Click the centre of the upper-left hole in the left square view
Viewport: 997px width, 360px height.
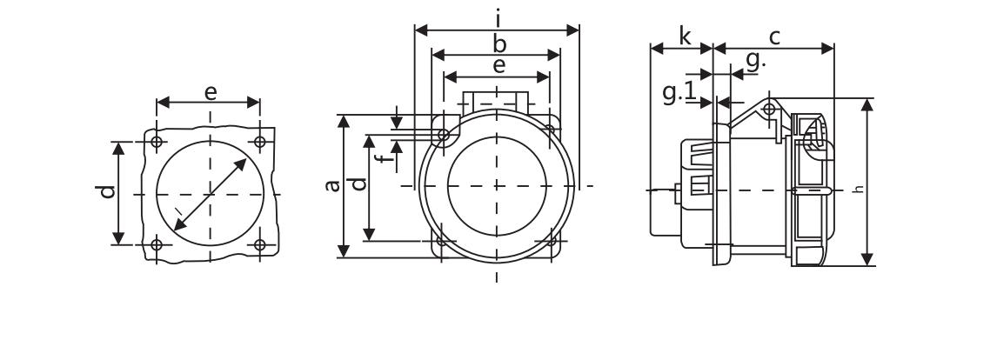coord(157,142)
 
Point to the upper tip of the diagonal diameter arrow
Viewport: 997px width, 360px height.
coord(247,159)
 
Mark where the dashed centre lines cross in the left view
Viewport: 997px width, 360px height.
coord(210,194)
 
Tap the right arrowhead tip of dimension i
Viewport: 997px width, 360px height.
coord(579,30)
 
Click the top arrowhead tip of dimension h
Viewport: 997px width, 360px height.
coord(867,98)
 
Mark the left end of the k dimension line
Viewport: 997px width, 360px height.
coord(651,49)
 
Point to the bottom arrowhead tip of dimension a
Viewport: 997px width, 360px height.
coord(344,257)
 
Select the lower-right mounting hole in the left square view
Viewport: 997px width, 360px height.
coord(260,245)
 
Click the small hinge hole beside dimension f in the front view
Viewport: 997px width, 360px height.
coord(444,135)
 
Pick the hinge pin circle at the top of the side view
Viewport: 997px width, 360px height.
coord(769,109)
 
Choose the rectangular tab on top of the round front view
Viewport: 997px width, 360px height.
coord(496,101)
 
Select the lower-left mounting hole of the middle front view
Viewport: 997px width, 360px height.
coord(440,241)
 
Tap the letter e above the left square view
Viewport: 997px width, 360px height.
coord(211,93)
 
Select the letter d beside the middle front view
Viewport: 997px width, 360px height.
coord(360,183)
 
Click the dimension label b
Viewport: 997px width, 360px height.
coord(499,44)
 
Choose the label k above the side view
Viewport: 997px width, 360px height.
coord(684,37)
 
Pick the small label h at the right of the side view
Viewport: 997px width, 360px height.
coord(860,189)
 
